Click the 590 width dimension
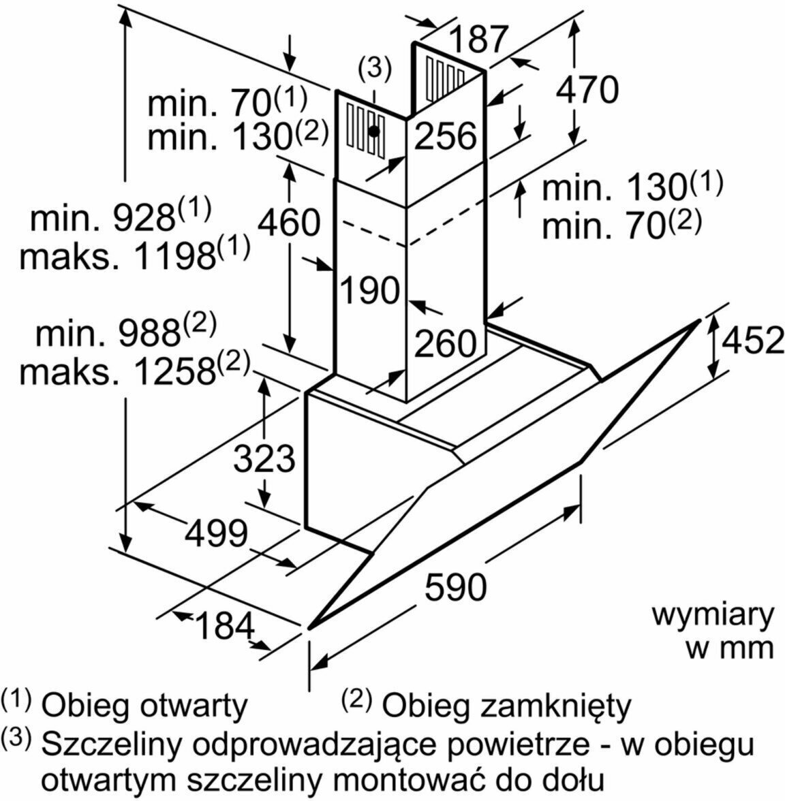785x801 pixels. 456,586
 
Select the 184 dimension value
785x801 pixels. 225,625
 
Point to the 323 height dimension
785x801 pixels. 264,458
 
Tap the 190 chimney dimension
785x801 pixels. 369,290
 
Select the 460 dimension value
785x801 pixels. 289,222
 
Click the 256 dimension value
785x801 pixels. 445,136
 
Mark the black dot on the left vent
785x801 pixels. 373,131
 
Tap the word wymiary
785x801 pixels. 713,616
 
